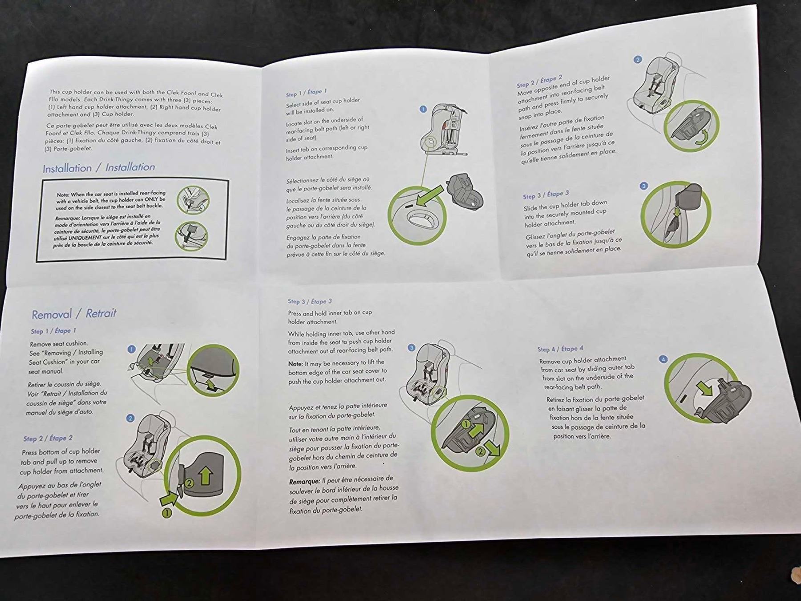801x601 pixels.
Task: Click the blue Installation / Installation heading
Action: click(x=99, y=168)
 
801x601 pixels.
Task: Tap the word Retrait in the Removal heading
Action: click(x=101, y=313)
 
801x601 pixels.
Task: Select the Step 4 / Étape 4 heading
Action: click(x=560, y=349)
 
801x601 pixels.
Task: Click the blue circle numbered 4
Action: click(x=663, y=359)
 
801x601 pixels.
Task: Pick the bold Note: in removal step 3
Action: click(x=295, y=364)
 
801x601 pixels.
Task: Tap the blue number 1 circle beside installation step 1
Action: click(x=423, y=109)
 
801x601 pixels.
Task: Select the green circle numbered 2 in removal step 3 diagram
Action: click(x=480, y=451)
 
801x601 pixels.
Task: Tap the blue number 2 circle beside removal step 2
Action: click(x=130, y=418)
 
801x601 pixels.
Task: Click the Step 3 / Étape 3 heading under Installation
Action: click(x=546, y=195)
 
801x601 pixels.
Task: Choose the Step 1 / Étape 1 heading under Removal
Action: click(x=53, y=331)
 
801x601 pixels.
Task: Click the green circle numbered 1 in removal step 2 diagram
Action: click(x=167, y=513)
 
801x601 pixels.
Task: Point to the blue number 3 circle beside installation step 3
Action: click(x=643, y=186)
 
